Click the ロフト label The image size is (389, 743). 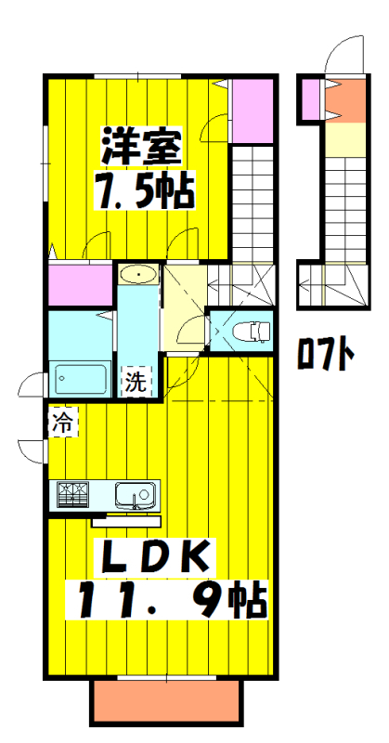(x=326, y=355)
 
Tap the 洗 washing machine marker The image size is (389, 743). (x=136, y=383)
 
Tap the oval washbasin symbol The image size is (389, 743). (x=137, y=275)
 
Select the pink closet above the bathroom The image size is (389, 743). (x=81, y=285)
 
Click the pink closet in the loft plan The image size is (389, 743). (x=310, y=100)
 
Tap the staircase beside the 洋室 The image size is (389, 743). (x=252, y=200)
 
